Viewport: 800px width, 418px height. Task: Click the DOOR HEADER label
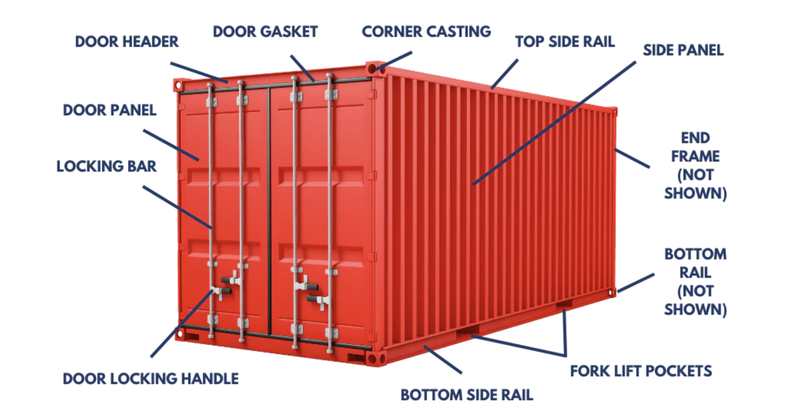tap(127, 42)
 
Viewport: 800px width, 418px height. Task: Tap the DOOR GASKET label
tap(265, 32)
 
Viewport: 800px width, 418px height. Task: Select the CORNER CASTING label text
tap(426, 32)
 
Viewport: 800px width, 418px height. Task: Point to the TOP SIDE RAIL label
tap(565, 42)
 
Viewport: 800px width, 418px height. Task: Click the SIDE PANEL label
tap(683, 50)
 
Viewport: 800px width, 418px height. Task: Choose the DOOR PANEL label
tap(110, 110)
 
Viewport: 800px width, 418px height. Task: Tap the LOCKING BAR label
tap(107, 166)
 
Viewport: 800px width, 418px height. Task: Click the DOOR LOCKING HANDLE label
tap(151, 379)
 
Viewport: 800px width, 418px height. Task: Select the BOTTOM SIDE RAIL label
tap(467, 395)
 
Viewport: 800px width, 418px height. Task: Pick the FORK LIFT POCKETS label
tap(641, 371)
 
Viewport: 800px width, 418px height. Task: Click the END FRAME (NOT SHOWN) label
tap(695, 166)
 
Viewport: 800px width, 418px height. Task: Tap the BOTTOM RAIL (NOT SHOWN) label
tap(695, 282)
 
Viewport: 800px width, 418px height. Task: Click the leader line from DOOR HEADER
tap(199, 72)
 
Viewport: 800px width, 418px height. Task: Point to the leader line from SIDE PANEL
tap(554, 123)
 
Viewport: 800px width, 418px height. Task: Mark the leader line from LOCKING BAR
tap(177, 207)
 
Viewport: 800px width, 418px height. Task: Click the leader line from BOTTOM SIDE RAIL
tap(443, 359)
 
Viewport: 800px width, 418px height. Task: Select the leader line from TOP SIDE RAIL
tap(504, 74)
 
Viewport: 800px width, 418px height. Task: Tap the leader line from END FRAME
tap(632, 158)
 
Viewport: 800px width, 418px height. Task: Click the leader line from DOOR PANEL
tap(171, 145)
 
